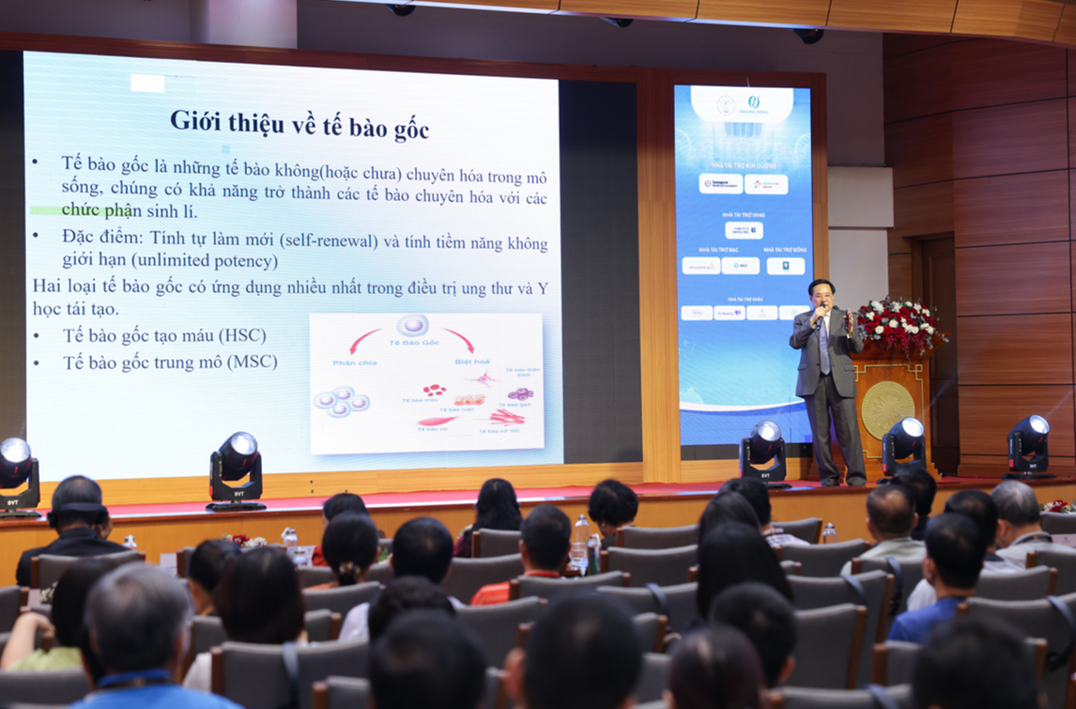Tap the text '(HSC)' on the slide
[x=241, y=335]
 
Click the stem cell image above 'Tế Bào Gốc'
[x=412, y=326]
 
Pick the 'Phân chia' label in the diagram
[x=354, y=362]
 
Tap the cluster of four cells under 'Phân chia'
[x=341, y=402]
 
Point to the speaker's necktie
[x=823, y=347]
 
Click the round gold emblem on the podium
[x=886, y=409]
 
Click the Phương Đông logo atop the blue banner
[x=753, y=101]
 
